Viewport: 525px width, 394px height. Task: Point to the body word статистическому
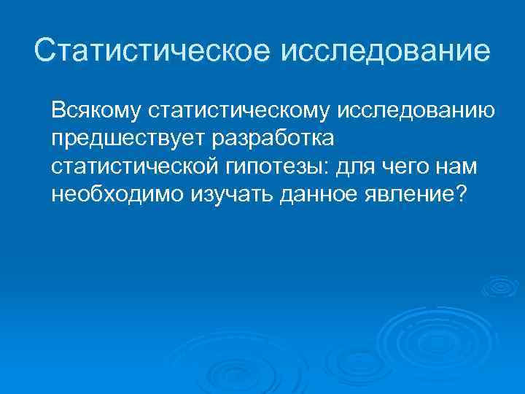coord(238,111)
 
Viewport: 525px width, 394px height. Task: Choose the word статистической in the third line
coord(131,166)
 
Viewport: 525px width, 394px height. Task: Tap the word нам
coord(458,166)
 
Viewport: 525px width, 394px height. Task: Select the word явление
coord(409,194)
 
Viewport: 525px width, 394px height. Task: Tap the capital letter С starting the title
coord(44,51)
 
